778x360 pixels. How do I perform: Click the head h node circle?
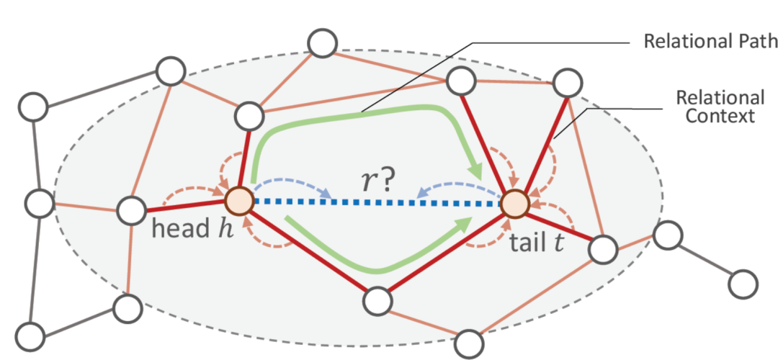point(238,201)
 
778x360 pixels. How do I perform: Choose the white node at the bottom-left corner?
point(31,336)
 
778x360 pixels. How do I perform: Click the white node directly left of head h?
point(132,211)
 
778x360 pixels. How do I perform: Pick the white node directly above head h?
point(249,114)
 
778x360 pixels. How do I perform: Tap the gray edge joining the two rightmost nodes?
point(705,258)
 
